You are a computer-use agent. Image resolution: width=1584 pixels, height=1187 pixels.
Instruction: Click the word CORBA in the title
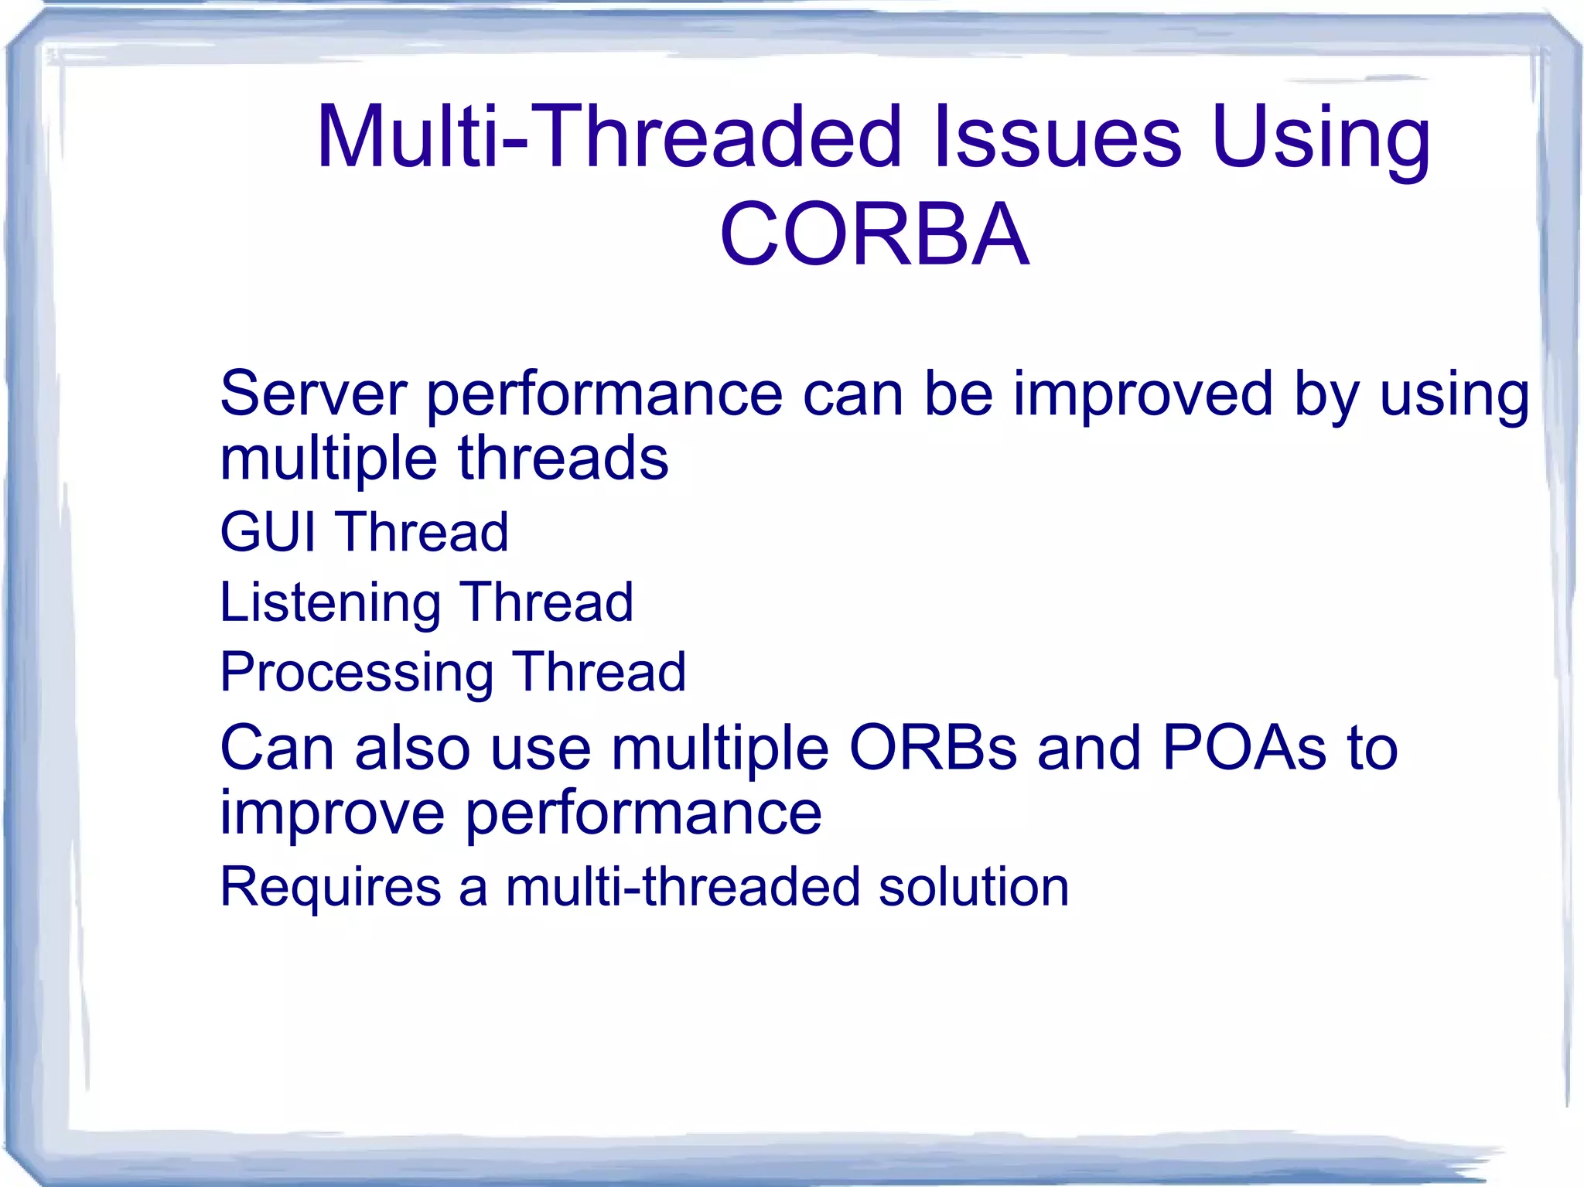[874, 234]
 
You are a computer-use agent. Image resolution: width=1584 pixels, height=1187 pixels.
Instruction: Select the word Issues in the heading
[1057, 137]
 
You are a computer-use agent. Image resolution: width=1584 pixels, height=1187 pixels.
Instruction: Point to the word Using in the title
[1322, 137]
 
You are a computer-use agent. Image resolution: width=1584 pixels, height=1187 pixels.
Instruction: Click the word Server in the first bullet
[313, 394]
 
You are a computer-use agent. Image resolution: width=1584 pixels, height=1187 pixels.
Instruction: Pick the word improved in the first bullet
[1142, 394]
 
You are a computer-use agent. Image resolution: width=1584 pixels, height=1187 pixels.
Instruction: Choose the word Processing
[357, 672]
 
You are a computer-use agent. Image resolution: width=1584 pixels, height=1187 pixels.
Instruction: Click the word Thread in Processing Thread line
[599, 672]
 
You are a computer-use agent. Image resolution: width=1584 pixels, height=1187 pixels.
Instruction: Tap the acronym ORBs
[933, 748]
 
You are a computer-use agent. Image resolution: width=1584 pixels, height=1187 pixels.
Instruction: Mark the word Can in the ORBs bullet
[277, 748]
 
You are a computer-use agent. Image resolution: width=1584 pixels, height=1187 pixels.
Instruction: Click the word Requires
[330, 886]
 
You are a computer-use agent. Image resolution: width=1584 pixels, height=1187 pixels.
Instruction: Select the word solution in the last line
[974, 886]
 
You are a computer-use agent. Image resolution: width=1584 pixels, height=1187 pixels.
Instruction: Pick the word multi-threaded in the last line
[683, 886]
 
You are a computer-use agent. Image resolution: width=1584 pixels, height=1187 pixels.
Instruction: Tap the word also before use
[412, 748]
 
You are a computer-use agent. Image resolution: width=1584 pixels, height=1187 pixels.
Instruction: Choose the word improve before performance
[332, 814]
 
